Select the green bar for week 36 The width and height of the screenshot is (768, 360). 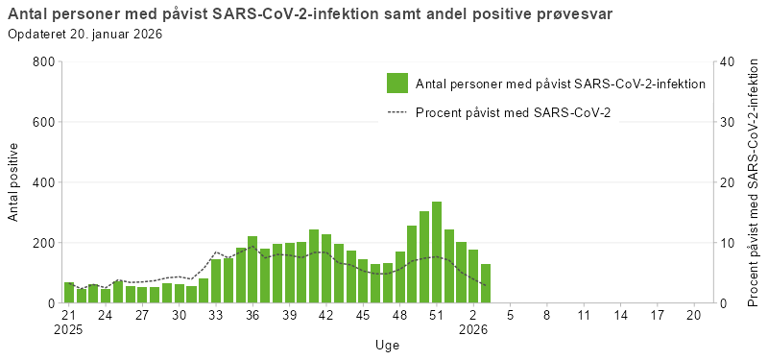(x=252, y=270)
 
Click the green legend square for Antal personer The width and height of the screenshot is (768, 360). (x=397, y=84)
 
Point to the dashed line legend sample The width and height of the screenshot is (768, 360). (x=397, y=112)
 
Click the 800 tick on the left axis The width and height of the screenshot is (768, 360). (x=43, y=61)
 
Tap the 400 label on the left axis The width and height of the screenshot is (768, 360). (x=43, y=182)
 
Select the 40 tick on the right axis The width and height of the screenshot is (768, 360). (x=727, y=61)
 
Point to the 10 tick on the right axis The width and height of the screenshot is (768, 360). (x=727, y=243)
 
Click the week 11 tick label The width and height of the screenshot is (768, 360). (x=584, y=314)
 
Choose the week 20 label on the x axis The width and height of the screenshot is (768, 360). (x=694, y=314)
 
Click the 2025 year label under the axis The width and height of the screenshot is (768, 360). (x=69, y=328)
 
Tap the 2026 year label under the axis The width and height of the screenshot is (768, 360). (x=473, y=328)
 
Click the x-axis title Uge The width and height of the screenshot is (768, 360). (x=388, y=345)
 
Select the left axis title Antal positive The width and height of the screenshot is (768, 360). (x=14, y=182)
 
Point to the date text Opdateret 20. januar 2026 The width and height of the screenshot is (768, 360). (x=84, y=34)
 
